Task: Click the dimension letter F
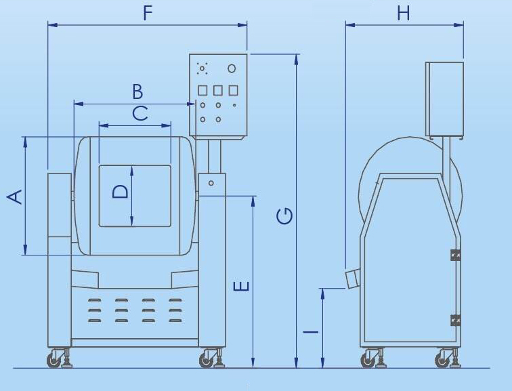(148, 13)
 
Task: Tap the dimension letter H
(404, 13)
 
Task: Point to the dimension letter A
(15, 196)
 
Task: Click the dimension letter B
(137, 91)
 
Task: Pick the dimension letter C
(140, 112)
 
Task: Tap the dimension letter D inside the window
(120, 192)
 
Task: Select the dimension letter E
(242, 287)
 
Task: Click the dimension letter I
(310, 331)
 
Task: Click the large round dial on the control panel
(232, 68)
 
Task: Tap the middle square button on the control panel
(217, 90)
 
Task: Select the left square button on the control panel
(202, 90)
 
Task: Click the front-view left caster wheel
(54, 360)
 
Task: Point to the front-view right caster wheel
(207, 360)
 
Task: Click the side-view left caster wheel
(368, 360)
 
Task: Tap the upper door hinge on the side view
(455, 255)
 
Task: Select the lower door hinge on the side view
(455, 319)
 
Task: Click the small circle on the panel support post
(211, 183)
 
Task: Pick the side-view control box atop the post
(444, 98)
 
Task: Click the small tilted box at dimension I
(351, 279)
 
